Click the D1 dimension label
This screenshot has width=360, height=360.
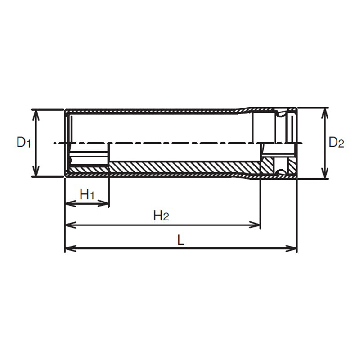23,142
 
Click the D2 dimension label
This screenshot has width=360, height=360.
336,142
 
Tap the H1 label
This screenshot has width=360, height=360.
87,195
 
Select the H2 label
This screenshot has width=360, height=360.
161,216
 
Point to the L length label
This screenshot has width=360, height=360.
181,240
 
